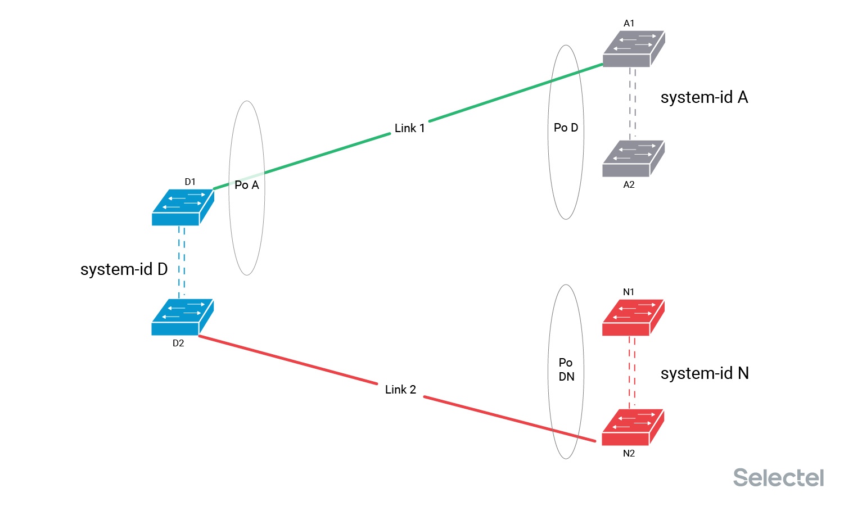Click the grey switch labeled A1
(x=634, y=49)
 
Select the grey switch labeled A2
(x=634, y=159)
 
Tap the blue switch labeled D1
(x=183, y=207)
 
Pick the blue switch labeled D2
(x=183, y=317)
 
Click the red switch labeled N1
(x=633, y=318)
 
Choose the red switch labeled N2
(x=633, y=427)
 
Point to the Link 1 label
(x=409, y=128)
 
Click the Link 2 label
(x=400, y=390)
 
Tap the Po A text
(x=247, y=185)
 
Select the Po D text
(x=566, y=128)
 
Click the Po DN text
(x=566, y=369)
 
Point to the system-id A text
(x=704, y=97)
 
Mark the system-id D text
(x=124, y=269)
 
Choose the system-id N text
(x=705, y=373)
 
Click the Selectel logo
(x=778, y=477)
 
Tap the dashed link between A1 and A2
(x=633, y=104)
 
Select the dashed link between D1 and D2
(x=182, y=262)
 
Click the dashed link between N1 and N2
(x=632, y=373)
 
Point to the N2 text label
(x=629, y=454)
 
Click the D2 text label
(x=178, y=343)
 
